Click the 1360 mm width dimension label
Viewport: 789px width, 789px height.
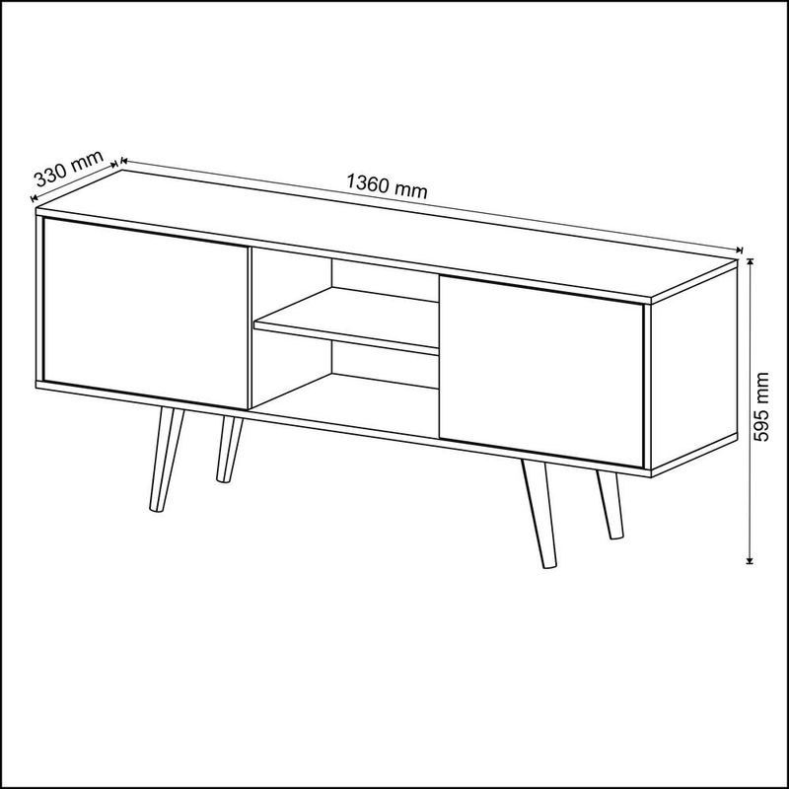pos(387,186)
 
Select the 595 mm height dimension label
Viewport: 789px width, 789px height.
pos(762,406)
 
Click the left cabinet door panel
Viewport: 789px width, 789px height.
pos(146,313)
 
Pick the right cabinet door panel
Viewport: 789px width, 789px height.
pos(541,372)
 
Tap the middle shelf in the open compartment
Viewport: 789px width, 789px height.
pos(346,322)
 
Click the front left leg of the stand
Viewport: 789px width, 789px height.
pos(166,460)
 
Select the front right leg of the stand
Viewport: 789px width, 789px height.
pos(539,513)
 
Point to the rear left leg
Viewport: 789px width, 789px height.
pos(229,449)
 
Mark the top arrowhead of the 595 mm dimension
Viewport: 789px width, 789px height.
pos(750,261)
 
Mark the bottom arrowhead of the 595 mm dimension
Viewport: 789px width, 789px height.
pos(750,560)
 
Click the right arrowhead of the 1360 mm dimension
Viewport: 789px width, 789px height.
pos(740,250)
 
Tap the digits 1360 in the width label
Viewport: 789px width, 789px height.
pos(368,183)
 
